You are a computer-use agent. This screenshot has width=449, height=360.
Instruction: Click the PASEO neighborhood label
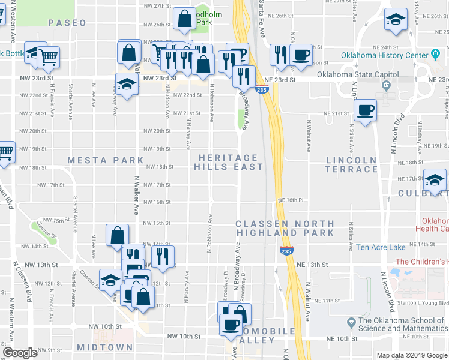point(67,23)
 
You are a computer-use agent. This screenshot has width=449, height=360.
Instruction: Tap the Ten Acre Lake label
point(381,247)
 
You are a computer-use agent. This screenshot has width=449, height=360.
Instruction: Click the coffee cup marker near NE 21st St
point(365,110)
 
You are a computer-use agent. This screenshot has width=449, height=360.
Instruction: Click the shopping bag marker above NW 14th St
point(118,235)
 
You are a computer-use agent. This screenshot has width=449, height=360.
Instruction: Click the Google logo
point(20,353)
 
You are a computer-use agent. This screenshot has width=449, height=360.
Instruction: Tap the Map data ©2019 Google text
point(412,355)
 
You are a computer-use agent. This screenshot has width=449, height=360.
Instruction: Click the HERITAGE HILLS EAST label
point(229,161)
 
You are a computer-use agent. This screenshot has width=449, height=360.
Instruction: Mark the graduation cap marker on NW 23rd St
point(127,85)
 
